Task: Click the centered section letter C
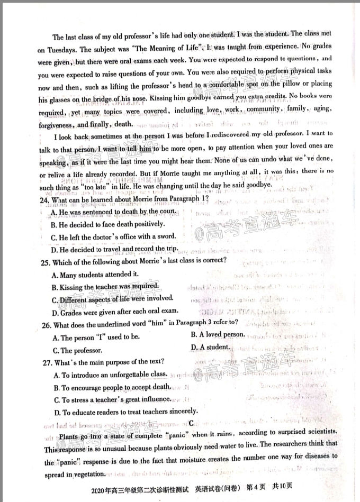coord(190,423)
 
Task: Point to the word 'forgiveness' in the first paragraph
coord(57,125)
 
